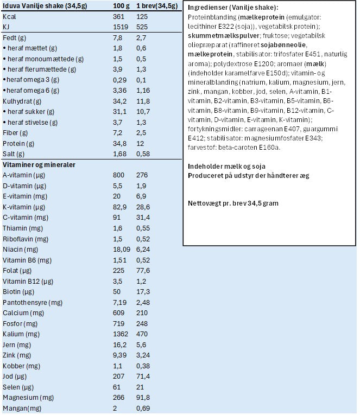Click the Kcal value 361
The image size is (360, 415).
[114, 17]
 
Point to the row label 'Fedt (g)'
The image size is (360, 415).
[15, 39]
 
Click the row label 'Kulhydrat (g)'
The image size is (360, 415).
[21, 101]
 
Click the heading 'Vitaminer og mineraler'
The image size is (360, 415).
[39, 164]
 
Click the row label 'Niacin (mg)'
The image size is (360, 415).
[20, 249]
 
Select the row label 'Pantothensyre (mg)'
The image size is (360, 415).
[30, 302]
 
